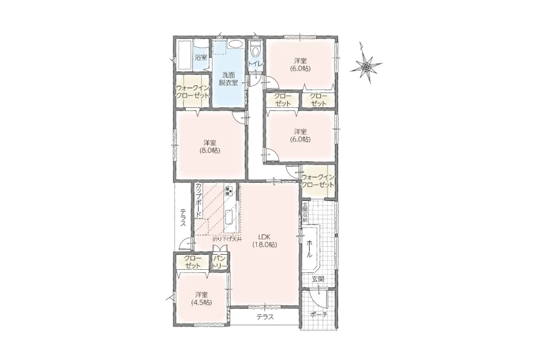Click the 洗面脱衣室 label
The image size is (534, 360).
(x=228, y=79)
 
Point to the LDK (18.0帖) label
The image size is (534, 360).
(x=264, y=240)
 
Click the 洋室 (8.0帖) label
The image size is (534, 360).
(x=210, y=146)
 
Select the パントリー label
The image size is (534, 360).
(x=219, y=263)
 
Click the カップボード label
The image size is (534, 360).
(x=198, y=201)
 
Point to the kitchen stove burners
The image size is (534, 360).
(x=229, y=191)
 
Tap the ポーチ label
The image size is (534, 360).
(x=318, y=315)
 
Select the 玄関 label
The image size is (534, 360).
(x=318, y=279)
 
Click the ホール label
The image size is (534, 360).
(x=309, y=248)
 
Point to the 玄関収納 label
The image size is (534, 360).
(x=305, y=213)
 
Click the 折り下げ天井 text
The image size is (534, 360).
(x=227, y=239)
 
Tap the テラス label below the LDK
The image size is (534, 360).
(x=265, y=317)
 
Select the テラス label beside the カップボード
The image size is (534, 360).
(x=183, y=218)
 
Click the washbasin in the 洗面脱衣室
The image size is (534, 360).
(x=235, y=44)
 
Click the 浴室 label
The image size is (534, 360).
(x=201, y=57)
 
